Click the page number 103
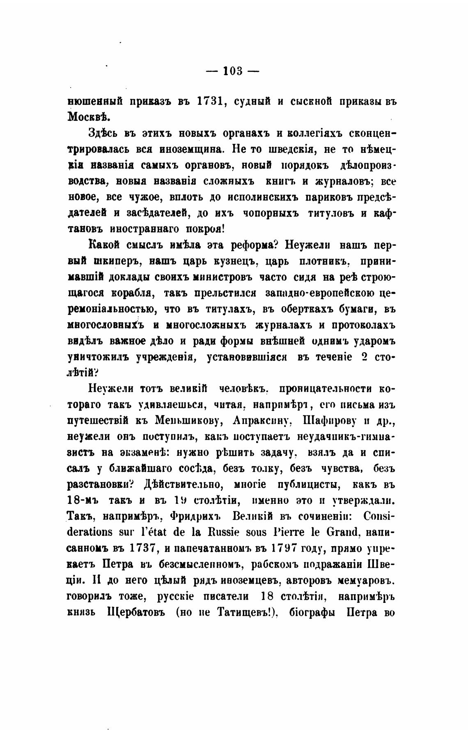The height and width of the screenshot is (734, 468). click(x=232, y=72)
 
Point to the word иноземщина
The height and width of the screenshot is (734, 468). click(x=193, y=148)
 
